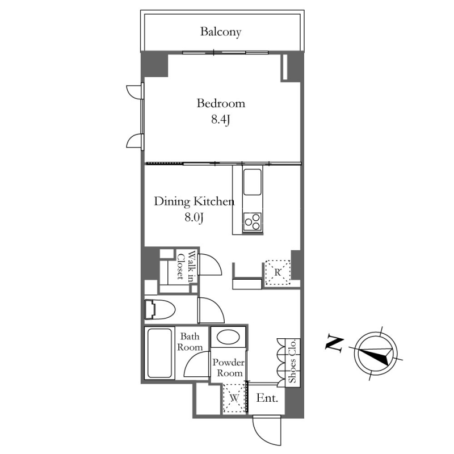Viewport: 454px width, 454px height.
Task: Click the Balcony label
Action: click(221, 32)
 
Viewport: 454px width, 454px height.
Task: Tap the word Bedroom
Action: click(221, 103)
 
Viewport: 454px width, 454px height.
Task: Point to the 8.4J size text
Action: click(221, 119)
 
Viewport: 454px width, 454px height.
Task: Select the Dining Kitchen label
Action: click(194, 201)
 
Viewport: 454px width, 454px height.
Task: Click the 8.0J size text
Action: click(194, 217)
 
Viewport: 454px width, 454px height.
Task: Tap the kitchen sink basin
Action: click(253, 182)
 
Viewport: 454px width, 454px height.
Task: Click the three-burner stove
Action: click(253, 222)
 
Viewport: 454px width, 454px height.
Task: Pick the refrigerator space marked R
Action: click(278, 272)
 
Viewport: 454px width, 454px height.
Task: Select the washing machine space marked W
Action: click(234, 398)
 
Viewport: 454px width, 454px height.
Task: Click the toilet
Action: click(160, 309)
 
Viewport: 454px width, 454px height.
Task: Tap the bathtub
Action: click(159, 353)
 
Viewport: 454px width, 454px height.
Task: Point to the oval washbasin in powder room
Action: click(228, 337)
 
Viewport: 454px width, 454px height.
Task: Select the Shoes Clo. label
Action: click(292, 361)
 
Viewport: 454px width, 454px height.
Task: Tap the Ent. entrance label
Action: click(267, 398)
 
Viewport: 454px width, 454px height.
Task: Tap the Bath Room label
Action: click(190, 342)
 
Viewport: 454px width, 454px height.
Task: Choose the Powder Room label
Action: click(229, 367)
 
